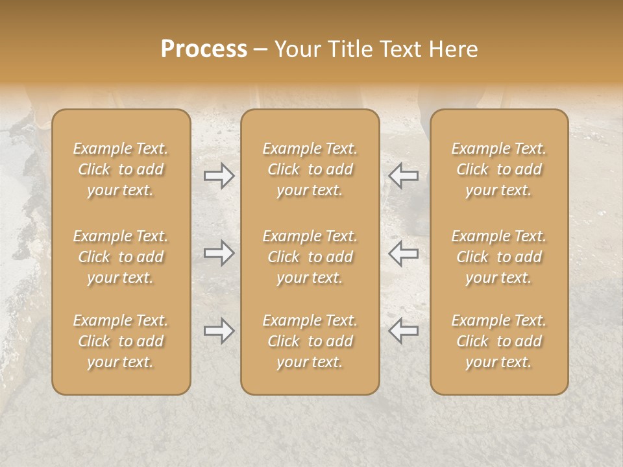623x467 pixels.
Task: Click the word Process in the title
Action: [x=204, y=49]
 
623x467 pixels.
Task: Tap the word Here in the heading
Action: [x=454, y=49]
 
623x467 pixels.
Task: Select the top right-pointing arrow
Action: [x=219, y=176]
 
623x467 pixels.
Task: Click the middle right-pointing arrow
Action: [x=219, y=253]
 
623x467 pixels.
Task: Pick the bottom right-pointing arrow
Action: [x=219, y=331]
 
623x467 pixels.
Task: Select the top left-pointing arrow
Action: [x=404, y=176]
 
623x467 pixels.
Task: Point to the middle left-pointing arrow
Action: [x=404, y=253]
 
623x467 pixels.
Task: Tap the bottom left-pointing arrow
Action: [x=404, y=331]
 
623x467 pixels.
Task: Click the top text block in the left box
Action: [x=121, y=169]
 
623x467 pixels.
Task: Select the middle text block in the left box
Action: [x=121, y=257]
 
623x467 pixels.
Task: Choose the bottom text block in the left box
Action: [x=121, y=341]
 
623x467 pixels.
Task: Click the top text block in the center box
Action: [x=310, y=169]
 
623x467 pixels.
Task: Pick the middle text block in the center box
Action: [x=310, y=257]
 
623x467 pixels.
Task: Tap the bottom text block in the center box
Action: [x=310, y=341]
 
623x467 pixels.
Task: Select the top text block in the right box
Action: [x=499, y=169]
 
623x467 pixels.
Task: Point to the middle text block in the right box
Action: [x=499, y=257]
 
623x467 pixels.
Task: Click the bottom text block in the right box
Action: [x=499, y=341]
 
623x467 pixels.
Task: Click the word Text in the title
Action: [x=402, y=49]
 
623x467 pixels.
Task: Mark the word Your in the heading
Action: [x=299, y=49]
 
